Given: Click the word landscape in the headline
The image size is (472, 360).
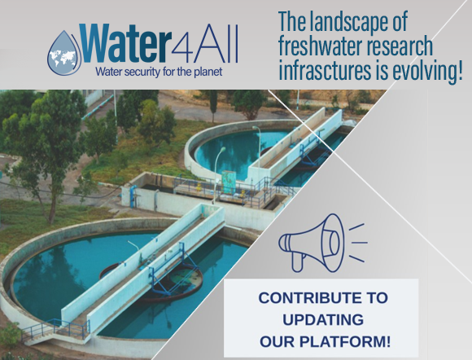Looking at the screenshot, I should pos(356,20).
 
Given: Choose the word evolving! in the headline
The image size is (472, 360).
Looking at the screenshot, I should pos(427,72).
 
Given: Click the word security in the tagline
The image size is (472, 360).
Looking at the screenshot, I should pos(144,71).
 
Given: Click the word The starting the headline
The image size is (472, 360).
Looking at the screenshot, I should pos(294,20).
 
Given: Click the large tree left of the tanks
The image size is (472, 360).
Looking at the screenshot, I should pos(45,134).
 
